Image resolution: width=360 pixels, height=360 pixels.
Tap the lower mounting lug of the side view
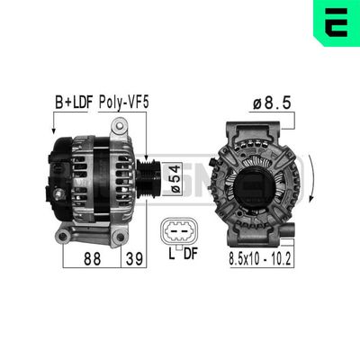(65, 235)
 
